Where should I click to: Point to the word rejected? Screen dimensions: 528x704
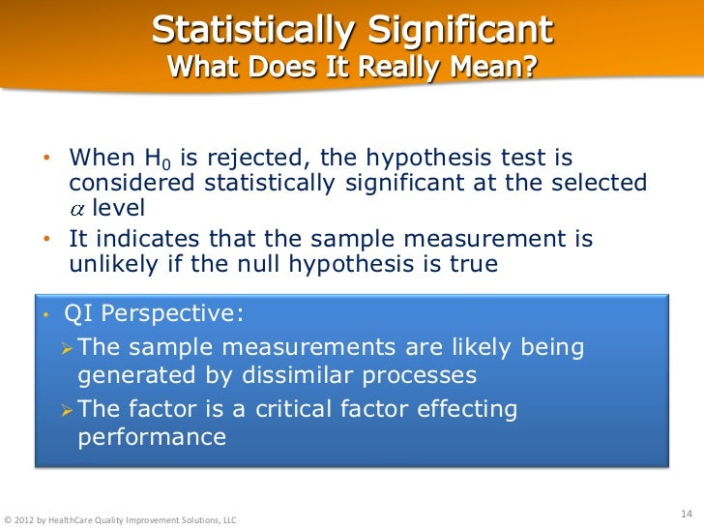[x=242, y=158]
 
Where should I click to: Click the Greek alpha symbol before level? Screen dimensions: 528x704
[x=78, y=210]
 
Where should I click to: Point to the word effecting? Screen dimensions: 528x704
[x=465, y=409]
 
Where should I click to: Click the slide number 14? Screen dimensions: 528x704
[x=688, y=512]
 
